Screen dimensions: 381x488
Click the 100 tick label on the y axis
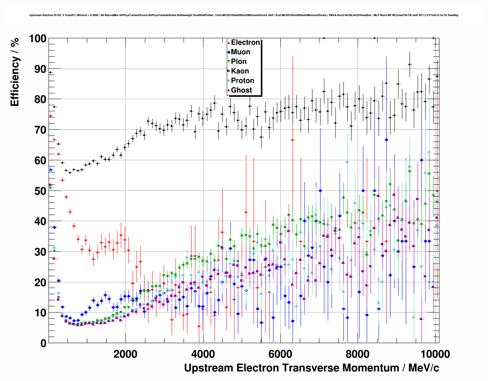(x=37, y=39)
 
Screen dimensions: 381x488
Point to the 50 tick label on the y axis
(x=40, y=191)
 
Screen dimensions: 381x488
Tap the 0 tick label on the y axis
(x=43, y=344)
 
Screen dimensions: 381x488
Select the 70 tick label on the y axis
(x=40, y=130)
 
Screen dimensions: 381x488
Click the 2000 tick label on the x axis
(x=126, y=354)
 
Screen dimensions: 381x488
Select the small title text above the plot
(x=244, y=15)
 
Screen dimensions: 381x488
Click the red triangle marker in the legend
(x=229, y=43)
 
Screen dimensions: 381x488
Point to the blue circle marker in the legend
(x=229, y=52)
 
